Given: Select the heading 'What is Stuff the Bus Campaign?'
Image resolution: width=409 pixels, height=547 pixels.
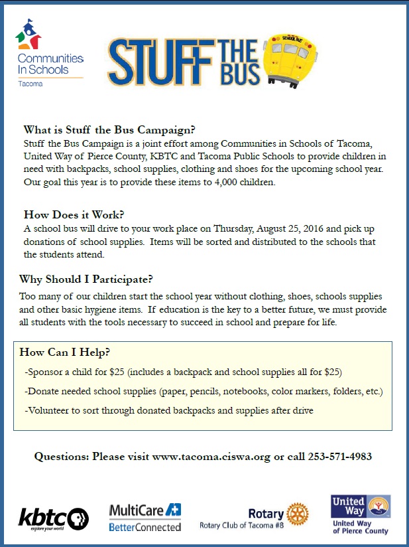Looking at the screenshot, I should [x=109, y=129].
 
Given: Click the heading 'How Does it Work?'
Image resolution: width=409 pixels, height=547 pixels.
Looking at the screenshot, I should [x=74, y=214].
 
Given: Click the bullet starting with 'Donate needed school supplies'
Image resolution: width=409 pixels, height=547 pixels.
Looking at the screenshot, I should [x=204, y=391].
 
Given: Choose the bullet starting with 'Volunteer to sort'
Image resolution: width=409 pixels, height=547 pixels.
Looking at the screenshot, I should [x=168, y=411].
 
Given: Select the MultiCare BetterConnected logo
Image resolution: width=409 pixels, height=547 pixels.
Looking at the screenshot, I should [x=145, y=517].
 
